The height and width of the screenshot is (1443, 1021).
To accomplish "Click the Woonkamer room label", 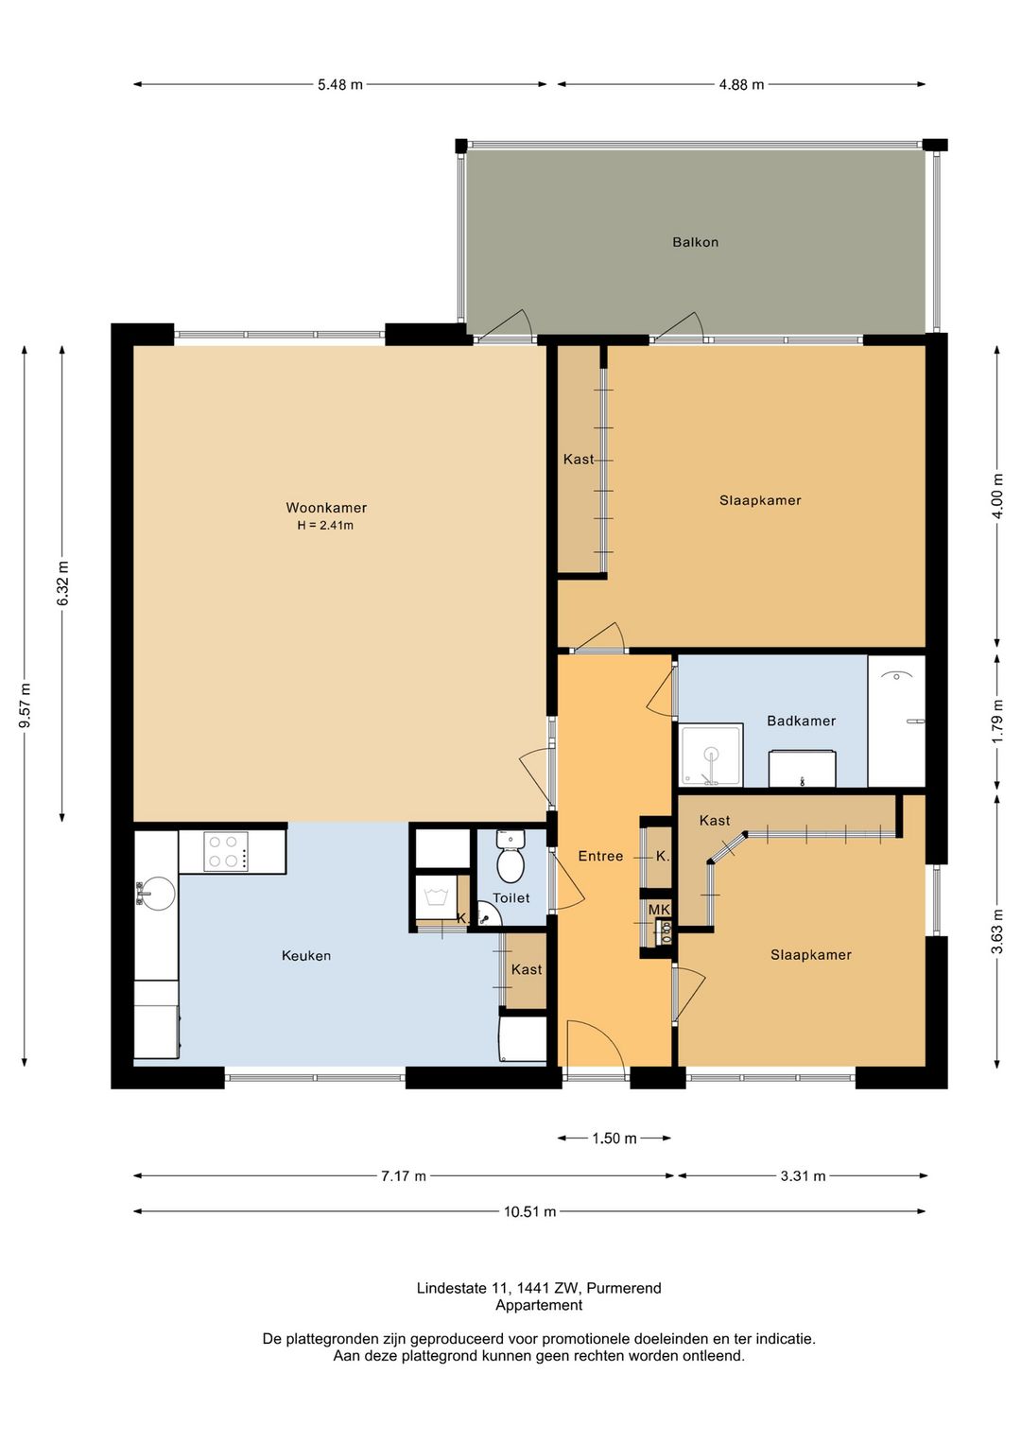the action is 326,508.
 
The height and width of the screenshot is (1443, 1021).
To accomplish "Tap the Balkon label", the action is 695,242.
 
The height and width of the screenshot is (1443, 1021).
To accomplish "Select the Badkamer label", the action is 801,721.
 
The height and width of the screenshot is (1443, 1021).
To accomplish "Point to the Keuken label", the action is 306,955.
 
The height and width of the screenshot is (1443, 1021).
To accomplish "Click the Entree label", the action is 600,856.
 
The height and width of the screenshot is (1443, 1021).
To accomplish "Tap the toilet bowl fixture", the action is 510,858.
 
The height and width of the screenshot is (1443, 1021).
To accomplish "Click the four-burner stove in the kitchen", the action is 225,852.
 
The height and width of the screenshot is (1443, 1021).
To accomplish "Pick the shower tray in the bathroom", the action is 711,755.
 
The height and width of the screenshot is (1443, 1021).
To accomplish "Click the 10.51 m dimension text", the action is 529,1211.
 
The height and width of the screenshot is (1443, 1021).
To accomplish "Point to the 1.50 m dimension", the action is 614,1139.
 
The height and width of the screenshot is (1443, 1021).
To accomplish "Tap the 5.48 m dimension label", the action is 340,84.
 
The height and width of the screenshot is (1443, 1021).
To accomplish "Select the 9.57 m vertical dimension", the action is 26,705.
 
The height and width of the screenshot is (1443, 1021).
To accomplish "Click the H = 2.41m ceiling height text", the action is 325,525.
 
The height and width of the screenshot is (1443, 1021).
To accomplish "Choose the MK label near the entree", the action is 659,910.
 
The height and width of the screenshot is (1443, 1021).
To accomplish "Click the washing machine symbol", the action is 436,896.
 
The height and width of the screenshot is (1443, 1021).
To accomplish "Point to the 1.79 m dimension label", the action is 997,721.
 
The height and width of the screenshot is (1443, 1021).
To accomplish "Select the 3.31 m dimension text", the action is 803,1176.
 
